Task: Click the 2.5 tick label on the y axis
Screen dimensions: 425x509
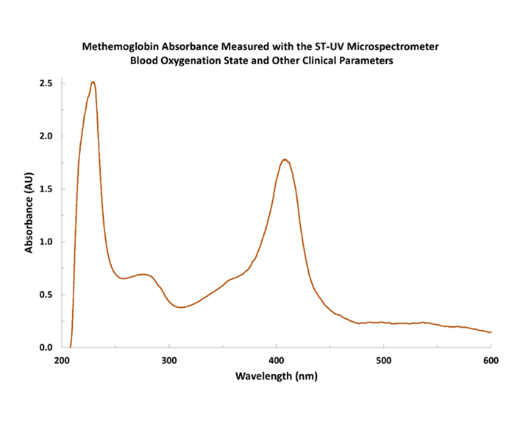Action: pyautogui.click(x=46, y=83)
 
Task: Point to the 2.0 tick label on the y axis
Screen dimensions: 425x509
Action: pyautogui.click(x=46, y=136)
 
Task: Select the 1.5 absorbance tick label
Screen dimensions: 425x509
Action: pyautogui.click(x=46, y=189)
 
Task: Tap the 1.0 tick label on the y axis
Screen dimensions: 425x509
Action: pyautogui.click(x=46, y=242)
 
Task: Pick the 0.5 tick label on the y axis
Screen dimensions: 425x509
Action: pyautogui.click(x=46, y=295)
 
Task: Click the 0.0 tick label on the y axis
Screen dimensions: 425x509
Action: pyautogui.click(x=46, y=348)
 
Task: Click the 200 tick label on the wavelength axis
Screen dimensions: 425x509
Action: pyautogui.click(x=62, y=361)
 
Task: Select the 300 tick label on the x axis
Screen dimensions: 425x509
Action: pyautogui.click(x=169, y=361)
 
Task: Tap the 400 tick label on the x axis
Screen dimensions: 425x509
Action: pyautogui.click(x=276, y=361)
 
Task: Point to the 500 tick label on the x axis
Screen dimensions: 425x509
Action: pyautogui.click(x=383, y=361)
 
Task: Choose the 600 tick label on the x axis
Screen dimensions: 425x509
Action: pyautogui.click(x=490, y=361)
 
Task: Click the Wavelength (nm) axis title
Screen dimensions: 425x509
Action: pyautogui.click(x=276, y=376)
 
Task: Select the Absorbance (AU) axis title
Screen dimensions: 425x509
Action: pyautogui.click(x=29, y=214)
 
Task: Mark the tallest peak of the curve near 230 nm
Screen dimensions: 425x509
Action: pyautogui.click(x=93, y=82)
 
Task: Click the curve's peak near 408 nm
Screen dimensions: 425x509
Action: pyautogui.click(x=285, y=160)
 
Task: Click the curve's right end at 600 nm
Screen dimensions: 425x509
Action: pyautogui.click(x=490, y=332)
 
